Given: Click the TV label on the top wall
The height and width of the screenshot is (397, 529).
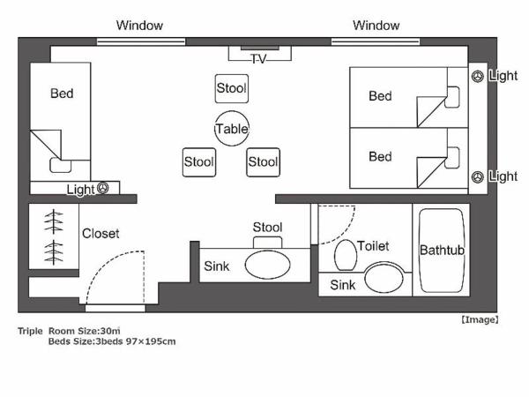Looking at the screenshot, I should tap(258, 59).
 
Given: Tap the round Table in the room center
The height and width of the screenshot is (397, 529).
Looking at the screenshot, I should tap(232, 129).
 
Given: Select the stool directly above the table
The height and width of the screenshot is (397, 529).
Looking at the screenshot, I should tap(231, 88).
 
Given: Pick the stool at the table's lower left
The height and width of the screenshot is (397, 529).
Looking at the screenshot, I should tap(198, 161).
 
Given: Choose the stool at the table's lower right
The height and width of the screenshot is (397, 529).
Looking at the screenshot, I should tap(263, 161).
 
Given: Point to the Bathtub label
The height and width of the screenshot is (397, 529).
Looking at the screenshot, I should tap(442, 251).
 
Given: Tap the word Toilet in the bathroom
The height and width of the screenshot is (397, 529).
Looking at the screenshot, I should tap(373, 246).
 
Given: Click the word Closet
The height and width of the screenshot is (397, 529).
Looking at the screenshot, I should tap(101, 234).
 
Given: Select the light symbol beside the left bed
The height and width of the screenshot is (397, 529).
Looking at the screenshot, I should tap(103, 188).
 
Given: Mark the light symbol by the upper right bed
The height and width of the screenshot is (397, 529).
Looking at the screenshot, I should tap(477, 77).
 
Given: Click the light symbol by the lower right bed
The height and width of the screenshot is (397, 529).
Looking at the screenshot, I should tap(477, 176).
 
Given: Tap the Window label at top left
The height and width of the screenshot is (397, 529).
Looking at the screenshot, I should tap(140, 26).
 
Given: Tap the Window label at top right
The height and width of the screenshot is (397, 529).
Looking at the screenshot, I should tap(376, 26).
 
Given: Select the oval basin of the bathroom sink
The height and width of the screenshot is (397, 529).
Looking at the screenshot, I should tap(381, 280).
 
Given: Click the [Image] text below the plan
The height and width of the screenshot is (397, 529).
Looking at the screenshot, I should tap(480, 319).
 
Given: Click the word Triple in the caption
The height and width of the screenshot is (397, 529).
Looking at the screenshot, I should tap(30, 331).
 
